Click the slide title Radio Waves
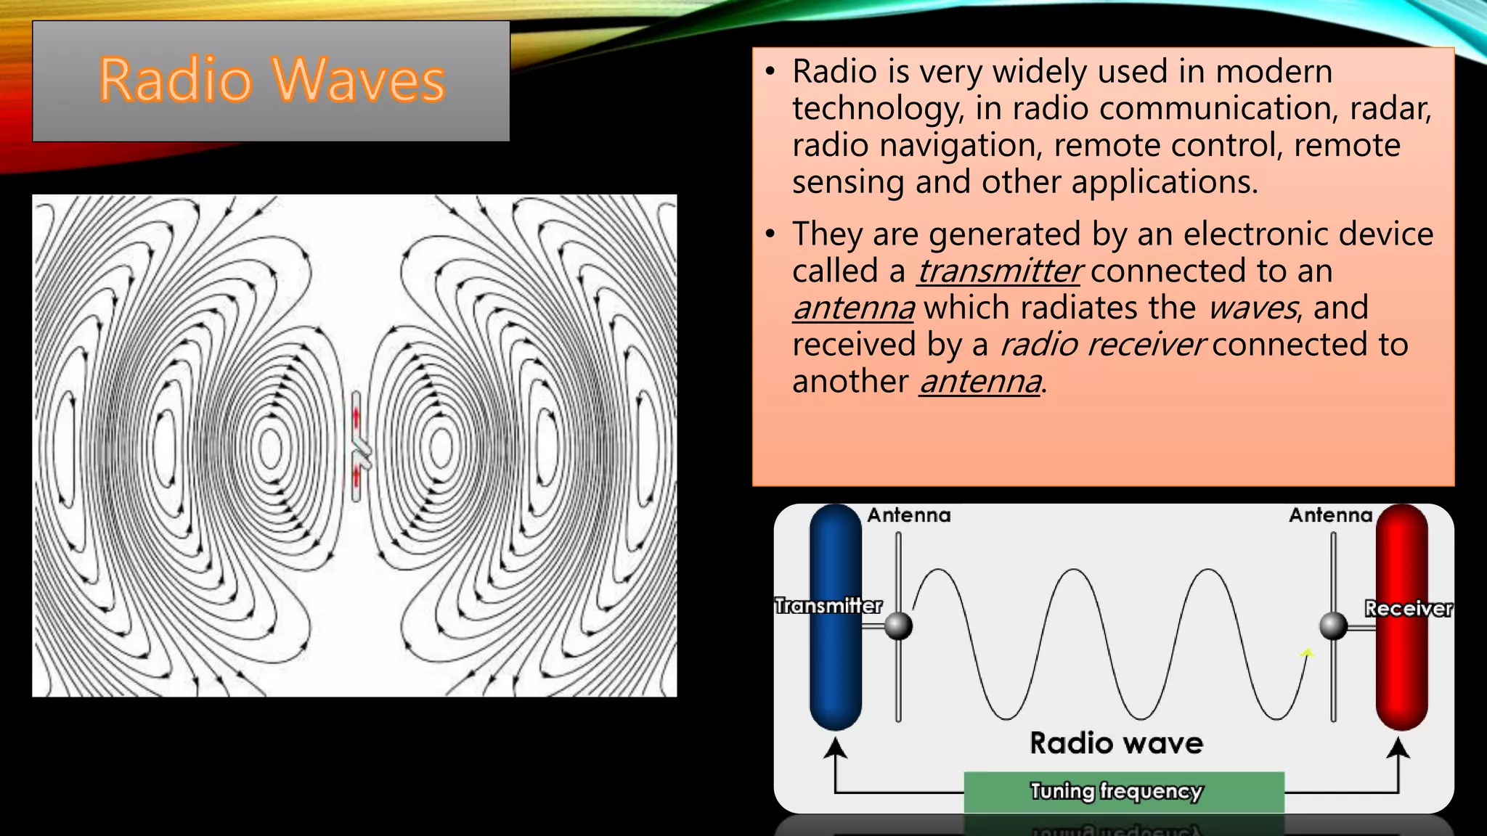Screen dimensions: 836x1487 pos(272,80)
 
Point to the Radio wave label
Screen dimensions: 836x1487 pos(1116,743)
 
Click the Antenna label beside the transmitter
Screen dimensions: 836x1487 pos(908,515)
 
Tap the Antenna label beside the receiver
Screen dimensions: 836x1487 pos(1330,515)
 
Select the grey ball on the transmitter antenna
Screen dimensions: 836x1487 pos(898,626)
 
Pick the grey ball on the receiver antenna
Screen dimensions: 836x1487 pos(1333,626)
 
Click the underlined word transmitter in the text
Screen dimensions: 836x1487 pos(999,271)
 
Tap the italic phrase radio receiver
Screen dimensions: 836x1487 pos(1101,345)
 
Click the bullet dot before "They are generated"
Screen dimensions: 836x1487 pos(770,234)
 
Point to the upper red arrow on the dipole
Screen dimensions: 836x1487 pos(357,418)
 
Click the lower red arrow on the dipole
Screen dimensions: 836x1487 pos(357,476)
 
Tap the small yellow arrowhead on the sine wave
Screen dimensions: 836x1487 pos(1307,653)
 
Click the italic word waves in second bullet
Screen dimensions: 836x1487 pos(1252,308)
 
